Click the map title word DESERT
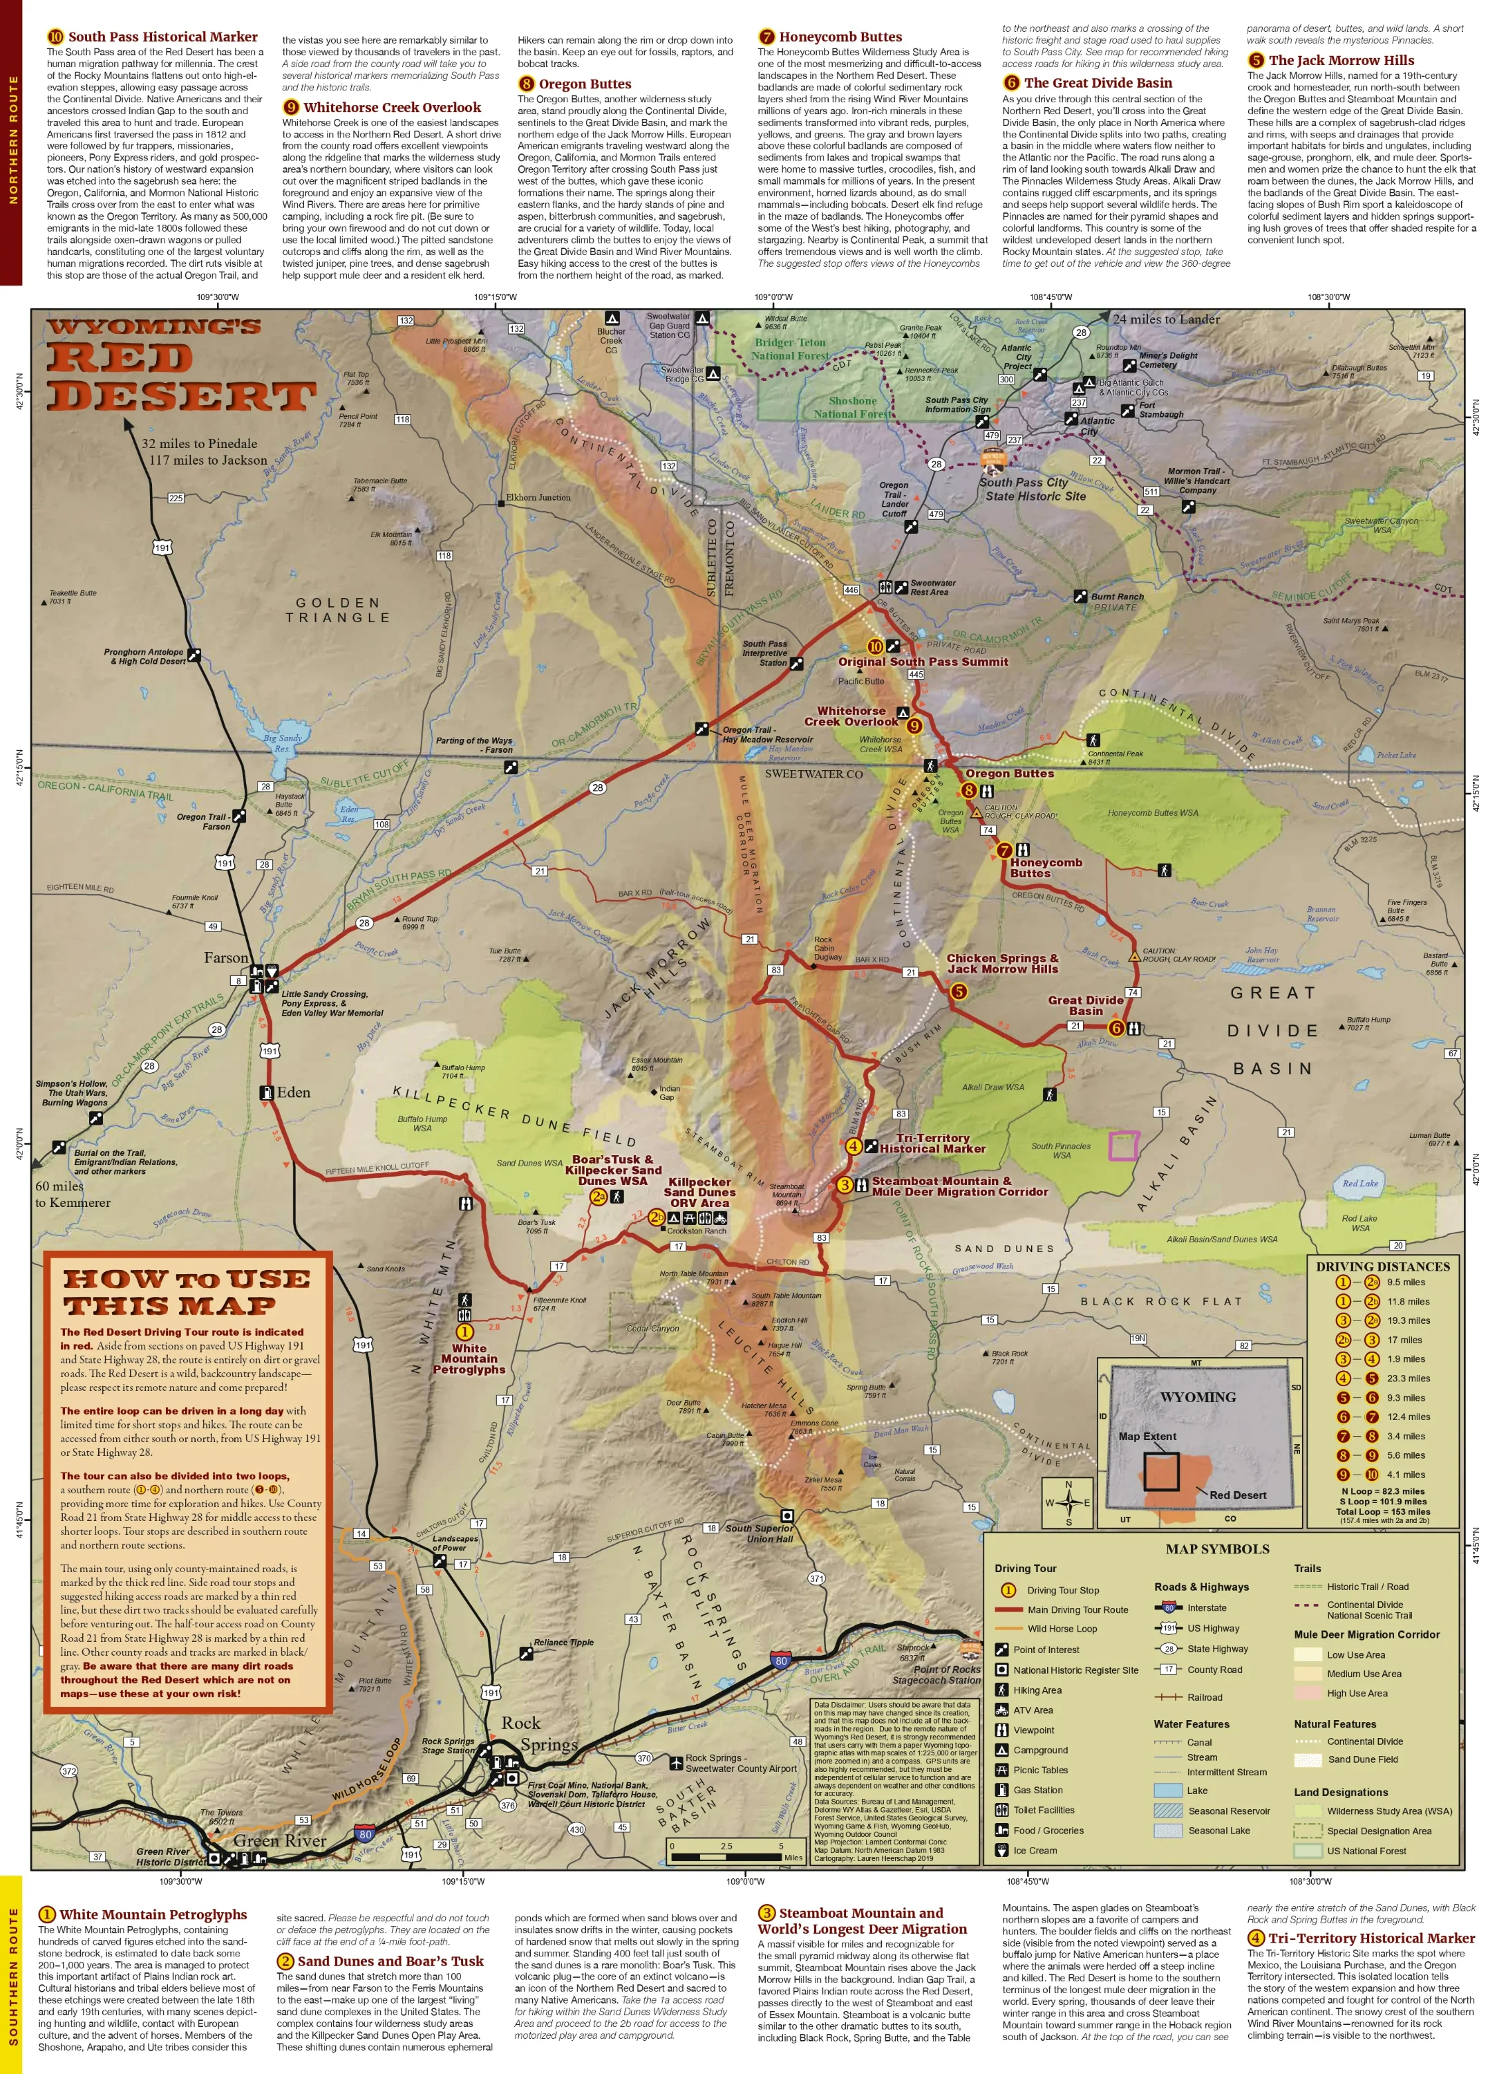(x=181, y=396)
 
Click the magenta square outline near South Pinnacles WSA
(x=1123, y=1146)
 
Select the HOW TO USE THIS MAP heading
(x=187, y=1291)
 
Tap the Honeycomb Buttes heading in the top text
(x=840, y=37)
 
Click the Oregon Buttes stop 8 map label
(x=1008, y=774)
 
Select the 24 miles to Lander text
(x=1166, y=319)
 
